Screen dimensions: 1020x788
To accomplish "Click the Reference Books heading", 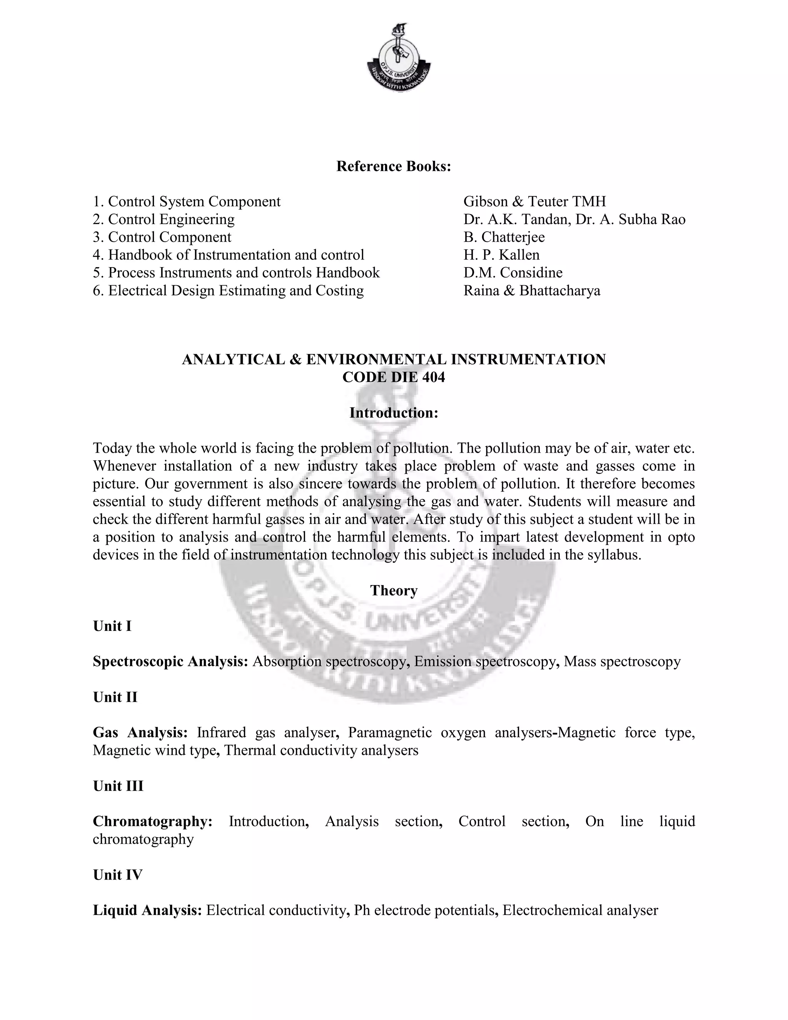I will point(394,166).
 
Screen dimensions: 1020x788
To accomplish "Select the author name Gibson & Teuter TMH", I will point(534,201).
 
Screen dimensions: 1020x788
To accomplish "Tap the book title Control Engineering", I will point(171,219).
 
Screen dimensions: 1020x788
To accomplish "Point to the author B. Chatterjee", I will point(504,237).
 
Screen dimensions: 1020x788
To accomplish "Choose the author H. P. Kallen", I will point(501,254).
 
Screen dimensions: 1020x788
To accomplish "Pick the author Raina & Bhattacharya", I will point(532,291).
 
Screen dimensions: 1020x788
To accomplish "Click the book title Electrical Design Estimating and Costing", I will point(236,291).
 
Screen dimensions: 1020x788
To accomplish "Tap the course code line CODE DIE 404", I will point(394,377).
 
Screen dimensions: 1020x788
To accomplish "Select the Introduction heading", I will point(394,413).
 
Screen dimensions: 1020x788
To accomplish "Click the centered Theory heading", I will point(394,590).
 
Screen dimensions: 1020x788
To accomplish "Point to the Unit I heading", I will point(112,626).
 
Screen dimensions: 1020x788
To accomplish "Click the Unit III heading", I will point(118,786).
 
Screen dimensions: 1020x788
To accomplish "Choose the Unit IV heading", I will point(118,875).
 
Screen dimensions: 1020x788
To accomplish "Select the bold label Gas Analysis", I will point(140,732).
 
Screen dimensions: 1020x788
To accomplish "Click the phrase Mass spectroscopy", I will point(622,661).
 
